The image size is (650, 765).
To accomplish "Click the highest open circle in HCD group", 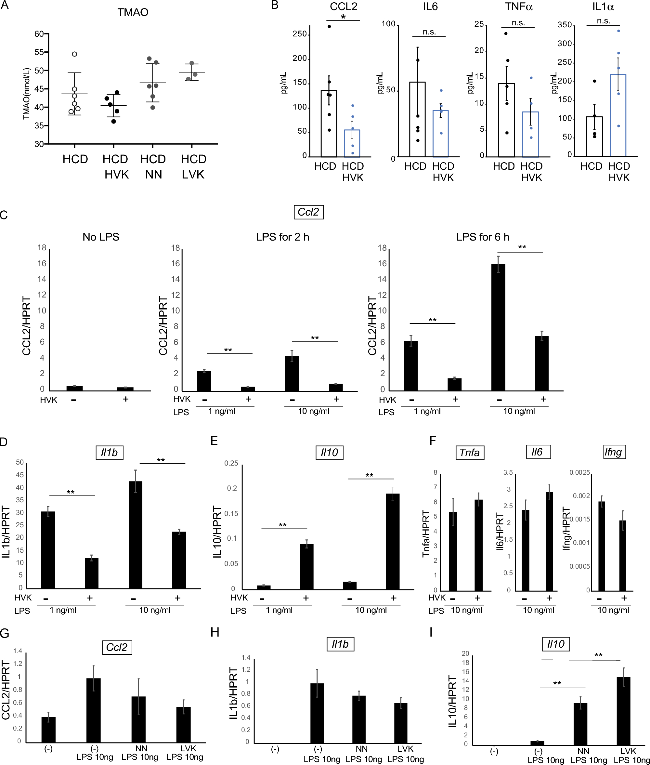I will point(74,54).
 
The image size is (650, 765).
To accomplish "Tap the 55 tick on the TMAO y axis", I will point(39,52).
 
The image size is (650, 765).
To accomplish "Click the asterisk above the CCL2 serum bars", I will point(343,17).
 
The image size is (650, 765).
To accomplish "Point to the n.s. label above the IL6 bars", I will point(429,32).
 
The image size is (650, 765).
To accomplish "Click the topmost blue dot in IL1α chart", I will point(619,31).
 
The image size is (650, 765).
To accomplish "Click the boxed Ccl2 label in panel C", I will point(308,212).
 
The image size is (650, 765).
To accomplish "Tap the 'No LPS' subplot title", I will point(101,237).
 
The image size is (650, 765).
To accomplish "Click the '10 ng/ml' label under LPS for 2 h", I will point(314,411).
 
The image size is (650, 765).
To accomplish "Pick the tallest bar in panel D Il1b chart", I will point(135,534).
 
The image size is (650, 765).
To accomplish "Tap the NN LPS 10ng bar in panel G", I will point(138,719).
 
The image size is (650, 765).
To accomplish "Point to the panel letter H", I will point(215,632).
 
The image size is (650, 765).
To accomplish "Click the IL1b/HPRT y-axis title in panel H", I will point(234,693).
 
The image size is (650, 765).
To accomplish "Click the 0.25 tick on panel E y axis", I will point(231,463).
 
